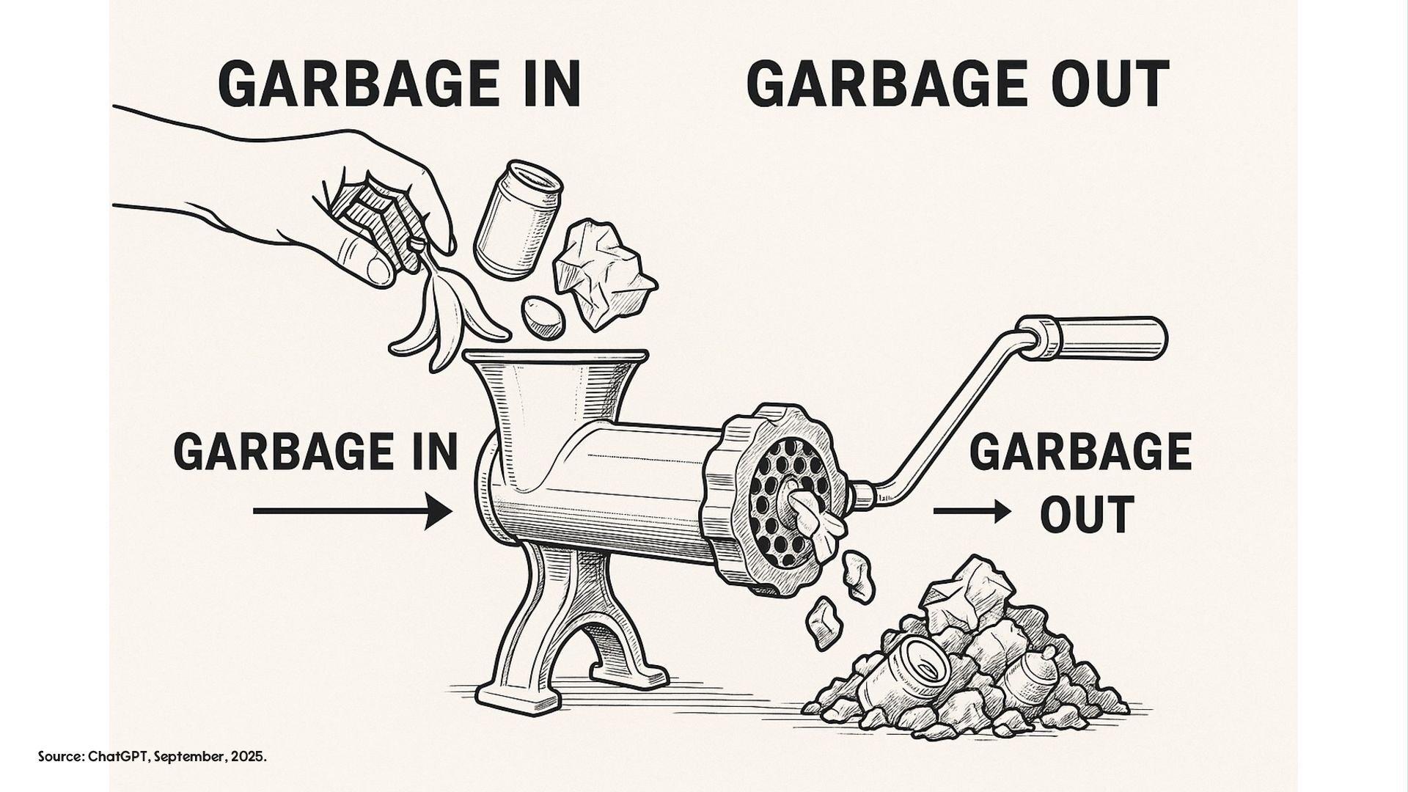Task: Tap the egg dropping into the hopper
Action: tap(543, 318)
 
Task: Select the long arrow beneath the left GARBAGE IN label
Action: tap(352, 510)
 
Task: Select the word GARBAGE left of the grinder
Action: tap(283, 452)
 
